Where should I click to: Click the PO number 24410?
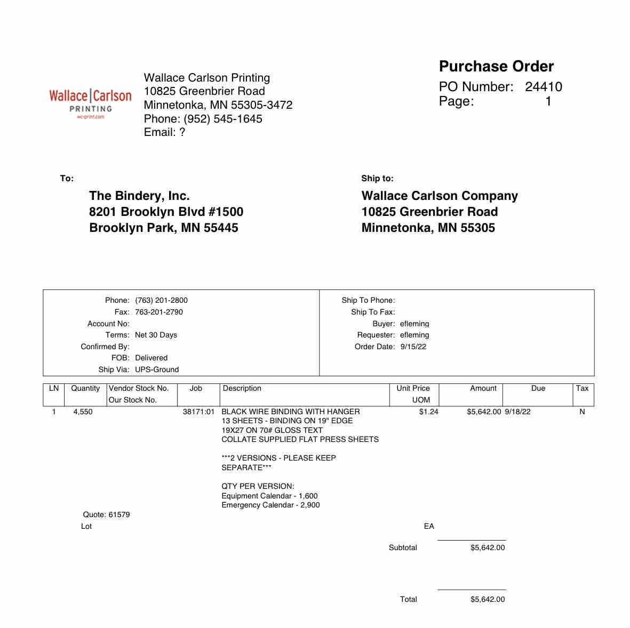543,87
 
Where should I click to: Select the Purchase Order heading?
496,67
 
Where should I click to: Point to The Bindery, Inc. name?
139,196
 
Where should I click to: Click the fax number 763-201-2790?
158,312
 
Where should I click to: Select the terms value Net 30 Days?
156,335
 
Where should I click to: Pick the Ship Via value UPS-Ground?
157,369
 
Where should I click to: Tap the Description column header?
242,388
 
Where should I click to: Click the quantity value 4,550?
83,412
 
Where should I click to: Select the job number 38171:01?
198,412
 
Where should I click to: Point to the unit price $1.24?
428,412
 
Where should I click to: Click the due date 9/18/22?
517,412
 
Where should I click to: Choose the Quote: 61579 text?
106,514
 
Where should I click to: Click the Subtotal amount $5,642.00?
487,548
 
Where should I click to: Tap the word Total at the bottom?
408,599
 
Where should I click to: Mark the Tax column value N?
582,412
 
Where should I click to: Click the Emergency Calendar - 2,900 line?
270,505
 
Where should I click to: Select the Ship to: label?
377,179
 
